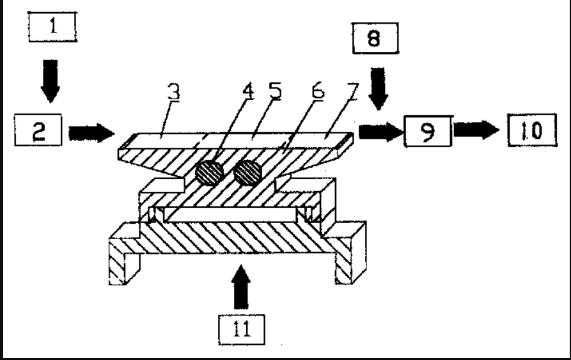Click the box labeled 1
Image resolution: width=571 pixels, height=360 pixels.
52,27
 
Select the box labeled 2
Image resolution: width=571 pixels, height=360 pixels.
38,132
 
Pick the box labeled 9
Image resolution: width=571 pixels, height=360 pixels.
428,132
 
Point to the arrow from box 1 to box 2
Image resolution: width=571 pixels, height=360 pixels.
50,81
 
